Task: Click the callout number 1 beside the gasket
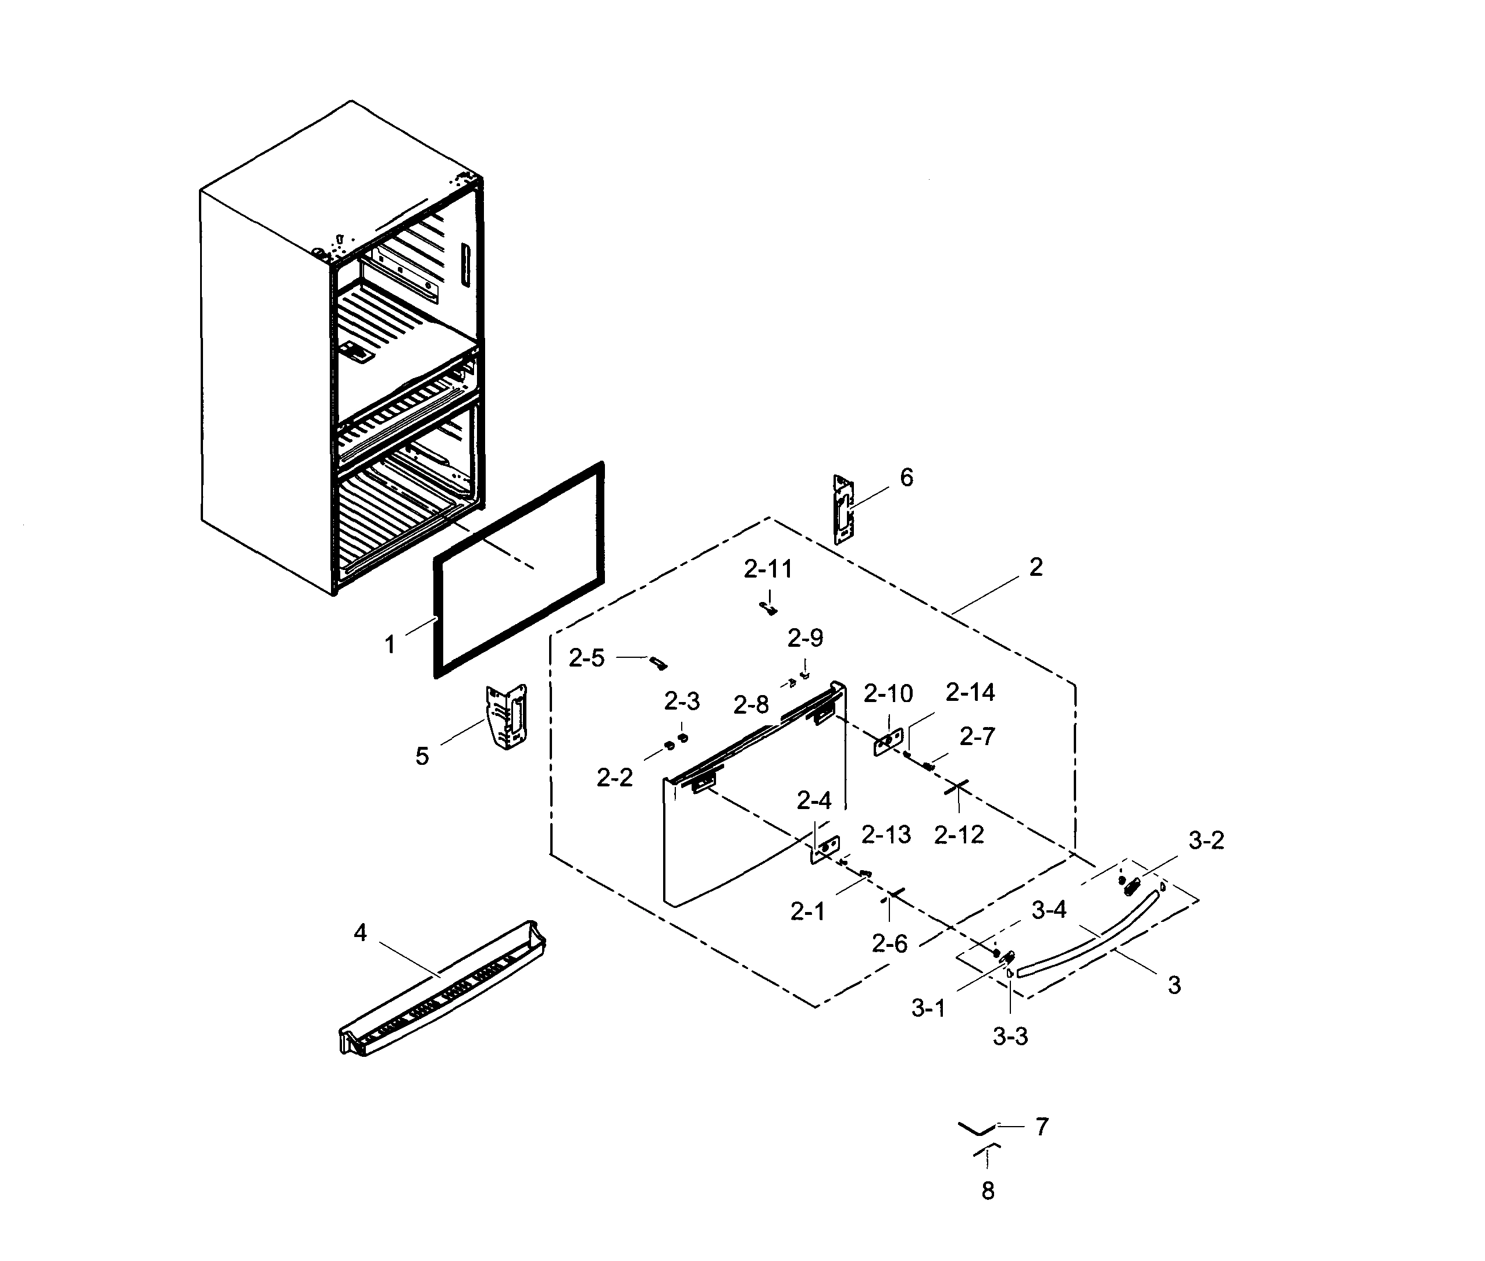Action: tap(390, 645)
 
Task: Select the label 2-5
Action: tap(586, 658)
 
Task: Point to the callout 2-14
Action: tap(970, 692)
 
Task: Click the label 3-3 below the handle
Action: tap(1010, 1036)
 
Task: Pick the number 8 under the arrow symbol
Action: tap(987, 1191)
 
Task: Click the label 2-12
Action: tap(959, 834)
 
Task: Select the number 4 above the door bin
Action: tap(361, 933)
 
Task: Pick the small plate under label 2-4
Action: tap(824, 849)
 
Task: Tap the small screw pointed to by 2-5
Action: tap(658, 664)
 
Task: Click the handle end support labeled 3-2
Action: tap(1131, 887)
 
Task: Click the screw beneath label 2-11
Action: tap(768, 608)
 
